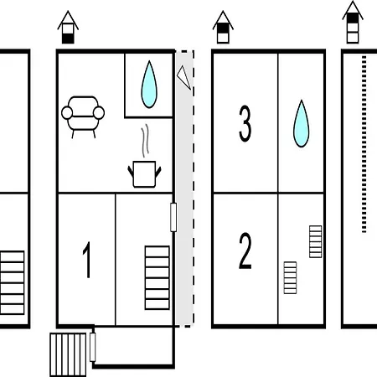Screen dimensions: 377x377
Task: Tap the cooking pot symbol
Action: (144, 174)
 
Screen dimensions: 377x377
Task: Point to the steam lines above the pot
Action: (145, 141)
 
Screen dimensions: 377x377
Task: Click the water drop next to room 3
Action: (302, 123)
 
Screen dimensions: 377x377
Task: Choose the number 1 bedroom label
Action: (87, 260)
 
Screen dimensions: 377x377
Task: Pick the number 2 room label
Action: (245, 250)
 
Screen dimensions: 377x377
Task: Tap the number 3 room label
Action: (245, 123)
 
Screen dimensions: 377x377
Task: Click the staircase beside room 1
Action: (158, 277)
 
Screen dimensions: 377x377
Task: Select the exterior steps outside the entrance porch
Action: (68, 354)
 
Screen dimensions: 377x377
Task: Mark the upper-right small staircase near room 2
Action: (316, 241)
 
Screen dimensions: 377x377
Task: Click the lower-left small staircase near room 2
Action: (290, 277)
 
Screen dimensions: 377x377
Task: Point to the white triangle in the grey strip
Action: (184, 77)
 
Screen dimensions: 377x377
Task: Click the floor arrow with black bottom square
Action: (68, 28)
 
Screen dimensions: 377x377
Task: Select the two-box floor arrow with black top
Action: (223, 28)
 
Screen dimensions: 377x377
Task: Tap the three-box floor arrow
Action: (353, 23)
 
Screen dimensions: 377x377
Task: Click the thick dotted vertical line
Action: (364, 144)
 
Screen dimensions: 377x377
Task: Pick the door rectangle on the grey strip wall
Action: (173, 217)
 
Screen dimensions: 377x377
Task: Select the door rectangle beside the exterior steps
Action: (93, 347)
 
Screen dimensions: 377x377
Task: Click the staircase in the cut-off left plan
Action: (12, 282)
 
